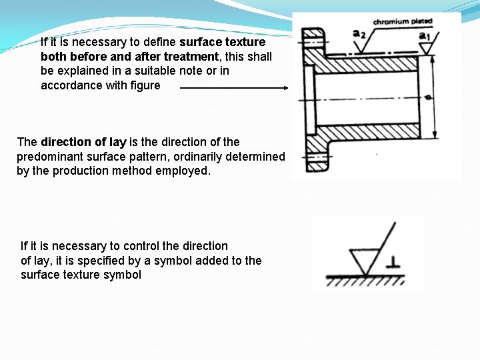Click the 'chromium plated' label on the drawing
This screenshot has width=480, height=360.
click(x=403, y=21)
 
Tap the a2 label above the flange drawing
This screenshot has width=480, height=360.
click(x=359, y=33)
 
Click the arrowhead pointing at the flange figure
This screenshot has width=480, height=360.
click(x=285, y=87)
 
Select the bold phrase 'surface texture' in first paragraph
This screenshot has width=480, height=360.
click(x=222, y=42)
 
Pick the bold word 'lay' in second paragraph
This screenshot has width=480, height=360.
click(x=118, y=142)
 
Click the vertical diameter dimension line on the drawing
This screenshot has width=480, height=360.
click(x=434, y=96)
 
